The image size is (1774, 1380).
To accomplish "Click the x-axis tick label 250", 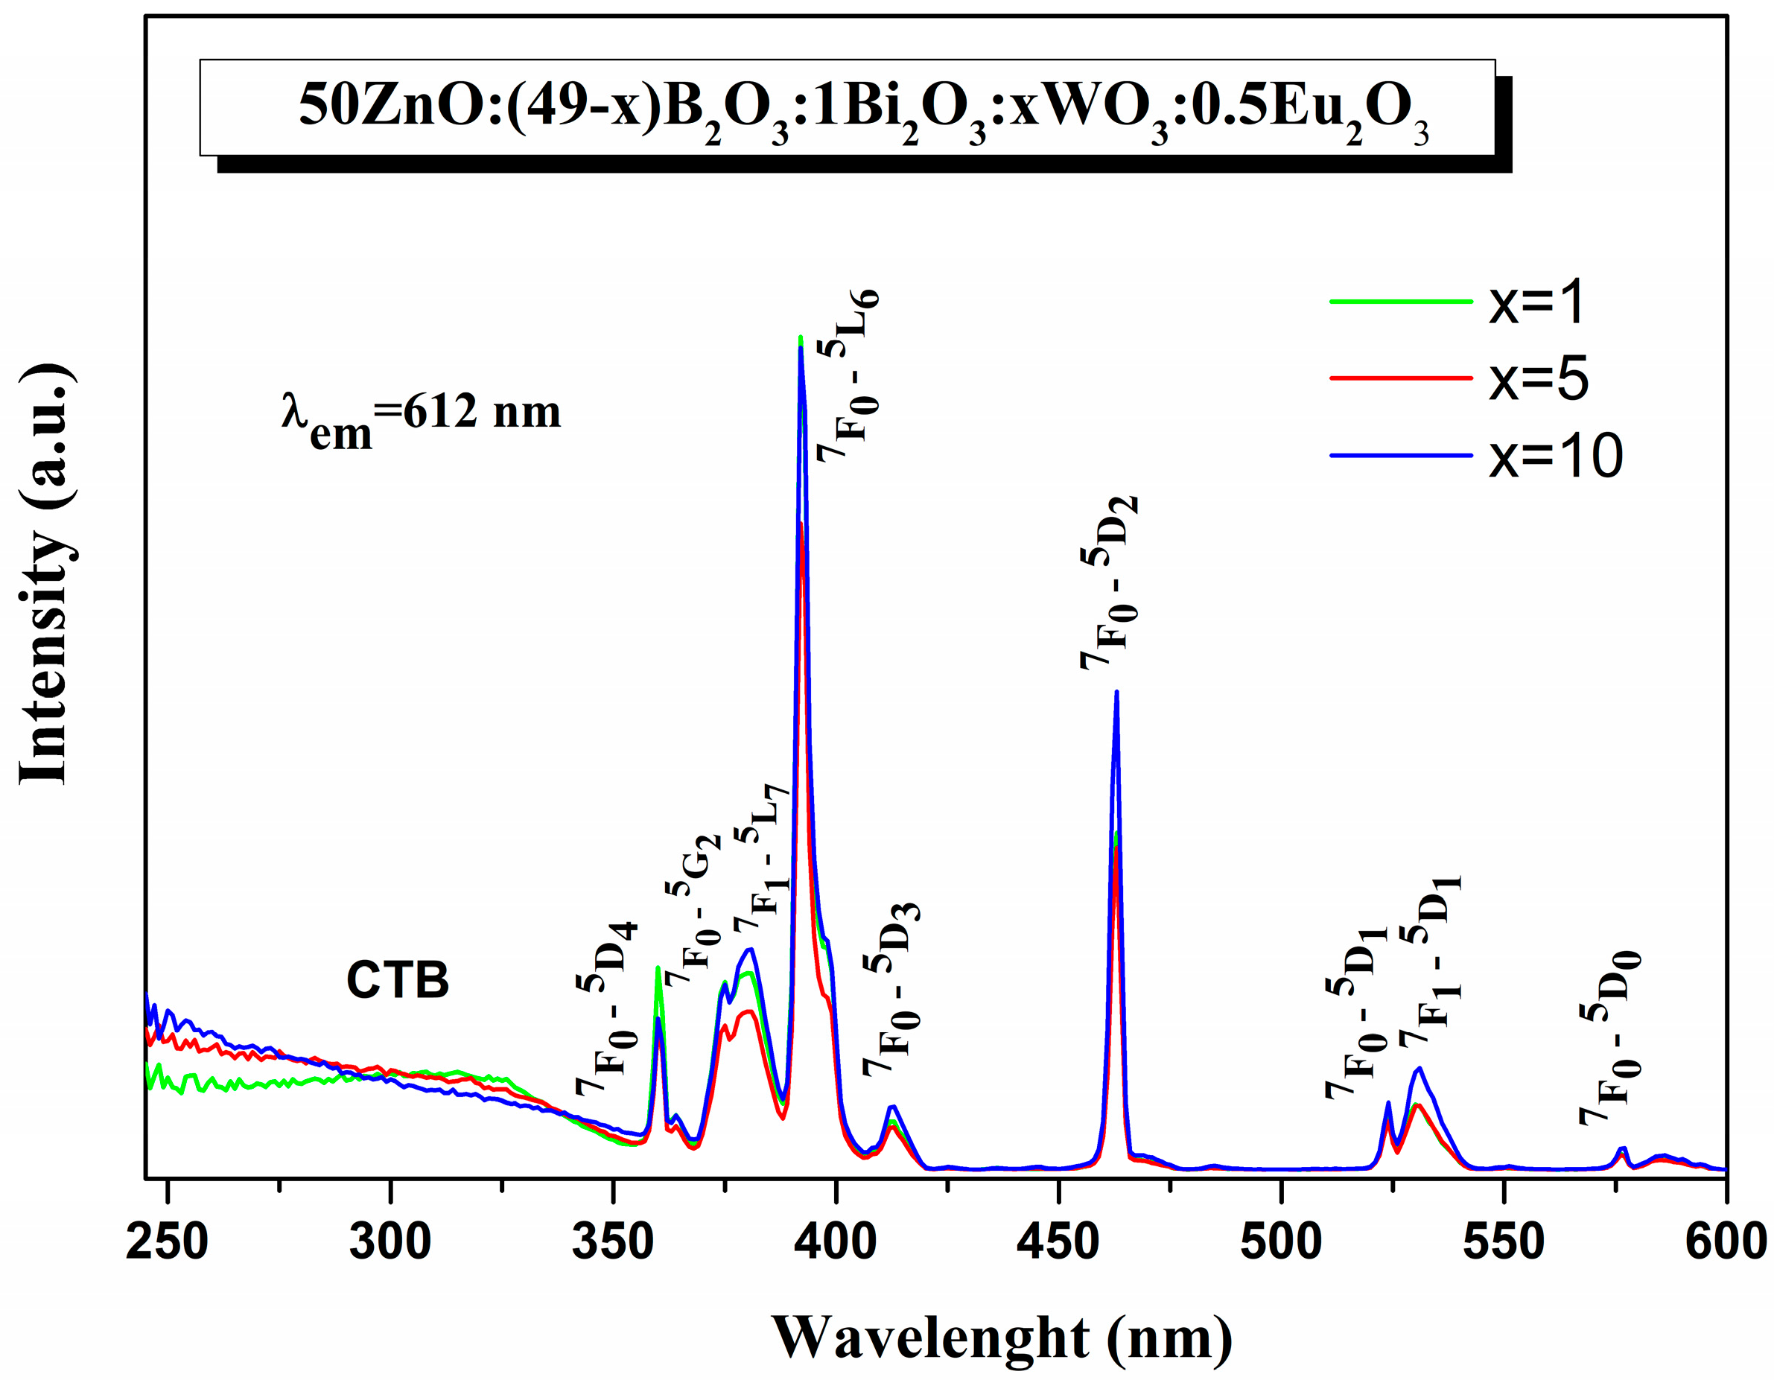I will pos(167,1243).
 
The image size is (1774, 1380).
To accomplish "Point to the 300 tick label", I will pos(390,1243).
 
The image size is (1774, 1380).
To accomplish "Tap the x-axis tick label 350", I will pos(612,1243).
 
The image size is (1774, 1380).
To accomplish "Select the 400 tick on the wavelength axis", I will pos(835,1243).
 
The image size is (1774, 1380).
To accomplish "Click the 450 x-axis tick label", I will pos(1058,1243).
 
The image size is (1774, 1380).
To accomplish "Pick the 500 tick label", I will pos(1281,1243).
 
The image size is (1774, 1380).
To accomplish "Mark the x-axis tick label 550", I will pos(1504,1243).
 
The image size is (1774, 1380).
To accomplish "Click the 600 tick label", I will pos(1726,1243).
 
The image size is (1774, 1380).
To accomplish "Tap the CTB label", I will pos(397,980).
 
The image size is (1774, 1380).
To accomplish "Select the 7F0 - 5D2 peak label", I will pos(1109,582).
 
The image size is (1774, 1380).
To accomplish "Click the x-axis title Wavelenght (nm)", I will pos(1002,1338).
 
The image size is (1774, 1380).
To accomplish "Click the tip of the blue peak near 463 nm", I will pos(1117,692).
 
